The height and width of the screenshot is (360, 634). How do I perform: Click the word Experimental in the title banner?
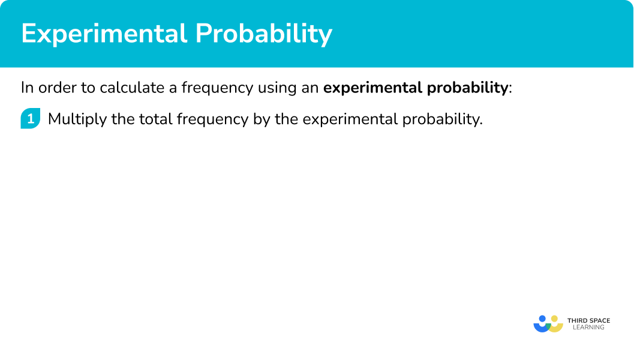tap(104, 34)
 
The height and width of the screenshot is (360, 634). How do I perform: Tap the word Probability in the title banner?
tap(264, 34)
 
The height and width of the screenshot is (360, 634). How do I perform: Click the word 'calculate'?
tap(132, 88)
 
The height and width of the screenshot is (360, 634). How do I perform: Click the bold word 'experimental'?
tap(373, 88)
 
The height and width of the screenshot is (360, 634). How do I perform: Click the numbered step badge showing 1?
tap(31, 119)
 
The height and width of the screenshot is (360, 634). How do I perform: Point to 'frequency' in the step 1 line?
tap(213, 119)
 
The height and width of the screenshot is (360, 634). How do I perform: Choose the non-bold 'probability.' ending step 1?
tap(442, 119)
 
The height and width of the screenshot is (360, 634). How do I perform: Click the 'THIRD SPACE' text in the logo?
tap(589, 321)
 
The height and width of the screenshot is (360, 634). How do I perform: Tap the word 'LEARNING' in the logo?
tap(589, 327)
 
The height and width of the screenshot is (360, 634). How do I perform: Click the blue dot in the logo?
tap(542, 319)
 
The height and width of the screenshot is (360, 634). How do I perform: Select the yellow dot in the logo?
tap(554, 319)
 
